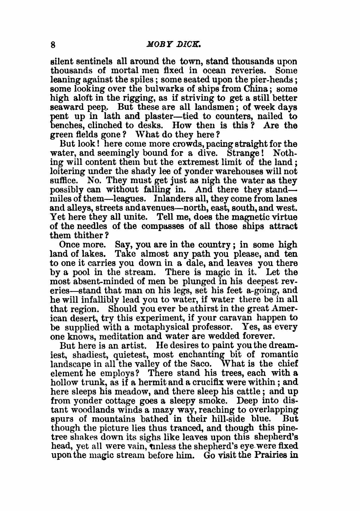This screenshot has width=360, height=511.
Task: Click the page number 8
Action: point(53,45)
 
